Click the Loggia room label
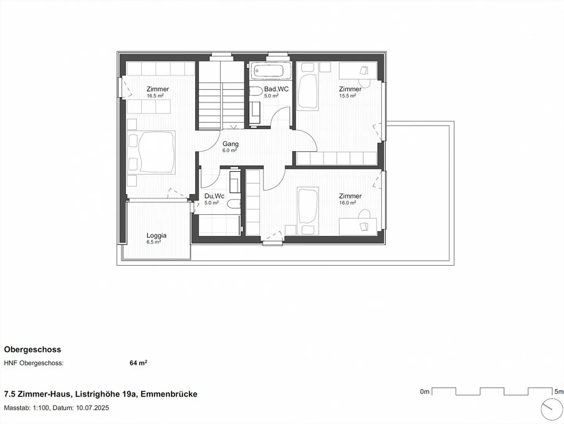pos(156,235)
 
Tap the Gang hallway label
pos(230,144)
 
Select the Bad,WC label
pos(276,89)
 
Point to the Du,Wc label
pos(214,196)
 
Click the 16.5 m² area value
pos(155,96)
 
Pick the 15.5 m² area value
pos(347,96)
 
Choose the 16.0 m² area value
pos(347,203)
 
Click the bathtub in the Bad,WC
pos(268,71)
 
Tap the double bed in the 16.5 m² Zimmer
pos(152,152)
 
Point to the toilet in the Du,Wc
pos(234,204)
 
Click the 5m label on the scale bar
pos(559,392)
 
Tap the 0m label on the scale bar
pos(425,392)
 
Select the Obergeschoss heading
pos(33,350)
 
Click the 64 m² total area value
pos(138,363)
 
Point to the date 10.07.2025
pos(92,408)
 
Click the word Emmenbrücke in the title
pos(169,394)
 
